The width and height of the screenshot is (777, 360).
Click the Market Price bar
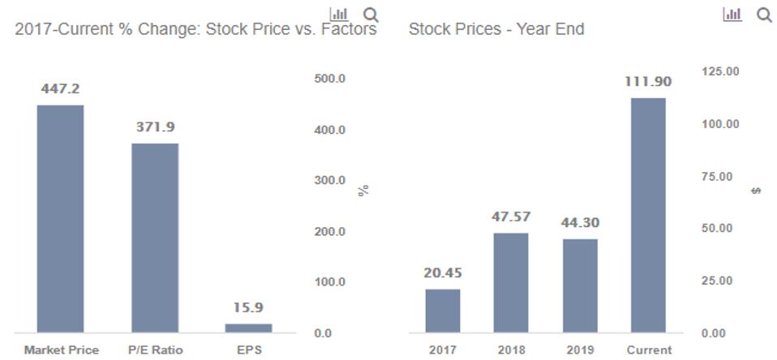[60, 219]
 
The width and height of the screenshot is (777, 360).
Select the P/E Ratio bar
[155, 238]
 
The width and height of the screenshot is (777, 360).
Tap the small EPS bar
[249, 328]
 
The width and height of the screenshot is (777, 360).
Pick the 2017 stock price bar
[443, 311]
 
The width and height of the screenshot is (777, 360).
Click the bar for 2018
[511, 282]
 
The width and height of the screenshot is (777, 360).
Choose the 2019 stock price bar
[580, 285]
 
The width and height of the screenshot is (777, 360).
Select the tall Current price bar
[648, 215]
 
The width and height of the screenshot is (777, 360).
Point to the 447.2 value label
[60, 88]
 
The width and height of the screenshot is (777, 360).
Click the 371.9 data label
[155, 127]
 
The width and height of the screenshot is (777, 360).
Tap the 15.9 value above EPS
[249, 307]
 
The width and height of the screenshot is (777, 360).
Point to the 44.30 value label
[580, 222]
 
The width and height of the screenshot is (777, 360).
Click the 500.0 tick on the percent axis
[330, 79]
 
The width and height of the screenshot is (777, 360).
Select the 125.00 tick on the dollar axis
[720, 71]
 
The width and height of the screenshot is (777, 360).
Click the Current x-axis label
[649, 350]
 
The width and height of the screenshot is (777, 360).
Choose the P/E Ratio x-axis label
[155, 350]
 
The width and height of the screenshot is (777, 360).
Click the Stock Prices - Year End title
[496, 30]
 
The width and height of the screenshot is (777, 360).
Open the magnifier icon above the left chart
[371, 15]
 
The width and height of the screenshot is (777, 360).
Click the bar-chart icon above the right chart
[732, 15]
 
